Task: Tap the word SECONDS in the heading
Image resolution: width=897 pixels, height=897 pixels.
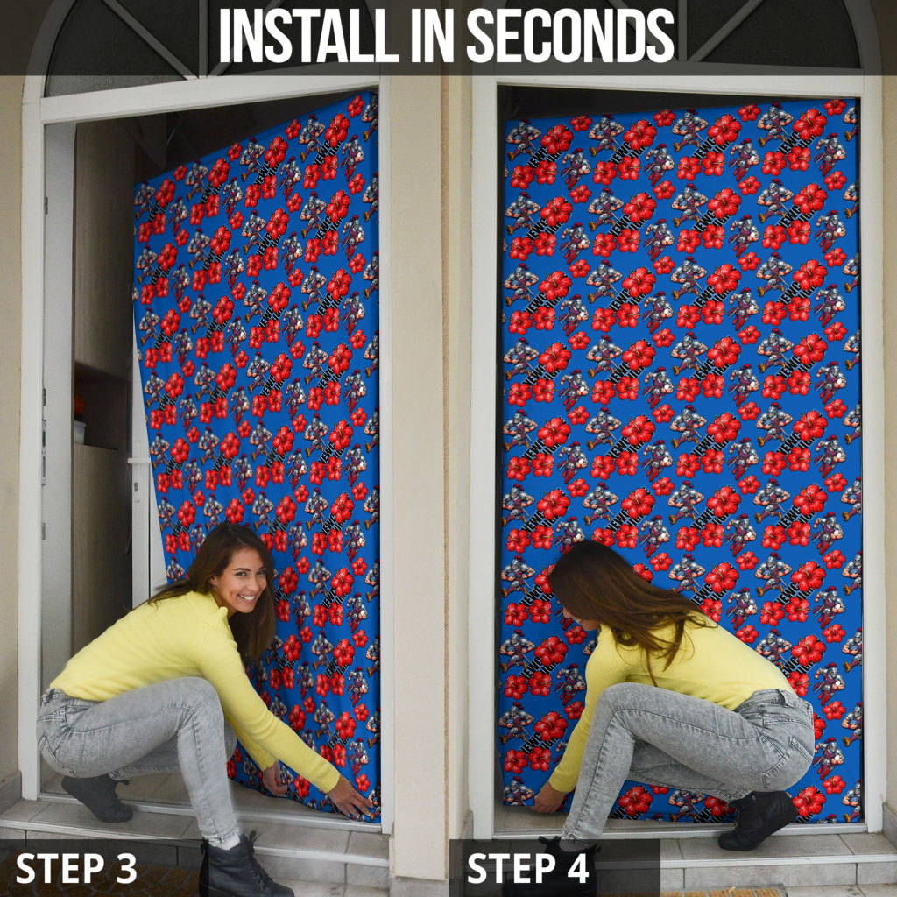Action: tap(570, 35)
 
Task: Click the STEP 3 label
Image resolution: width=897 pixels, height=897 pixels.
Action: tap(76, 868)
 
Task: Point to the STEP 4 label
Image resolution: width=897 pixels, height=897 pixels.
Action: tap(527, 868)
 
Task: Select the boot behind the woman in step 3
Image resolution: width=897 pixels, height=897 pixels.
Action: tap(96, 797)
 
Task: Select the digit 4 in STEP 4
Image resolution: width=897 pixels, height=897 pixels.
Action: tap(577, 868)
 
